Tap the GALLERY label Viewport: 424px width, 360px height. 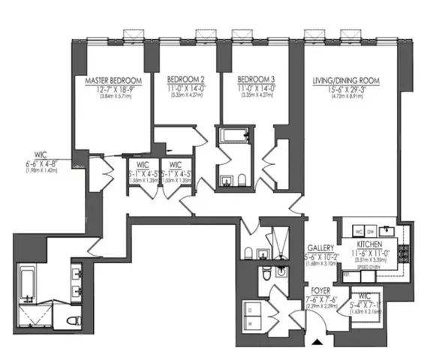point(320,247)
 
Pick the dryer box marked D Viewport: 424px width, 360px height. point(250,307)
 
